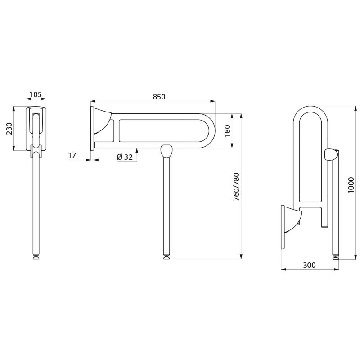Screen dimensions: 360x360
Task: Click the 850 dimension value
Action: [159, 97]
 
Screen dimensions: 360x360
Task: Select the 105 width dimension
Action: [36, 94]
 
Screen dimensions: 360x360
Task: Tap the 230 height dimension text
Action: [9, 129]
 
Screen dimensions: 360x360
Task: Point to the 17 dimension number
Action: [72, 155]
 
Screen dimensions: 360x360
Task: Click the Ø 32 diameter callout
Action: [125, 157]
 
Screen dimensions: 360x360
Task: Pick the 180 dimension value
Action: [227, 130]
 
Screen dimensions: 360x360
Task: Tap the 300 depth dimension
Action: [309, 265]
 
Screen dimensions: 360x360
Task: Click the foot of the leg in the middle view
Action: [166, 256]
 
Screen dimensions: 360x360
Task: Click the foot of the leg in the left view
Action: [36, 256]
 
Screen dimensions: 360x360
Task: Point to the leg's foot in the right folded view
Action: [335, 256]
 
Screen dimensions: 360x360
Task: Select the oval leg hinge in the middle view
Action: [166, 151]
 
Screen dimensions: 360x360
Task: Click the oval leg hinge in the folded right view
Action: [331, 154]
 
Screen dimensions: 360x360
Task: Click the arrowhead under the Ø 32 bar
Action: [137, 150]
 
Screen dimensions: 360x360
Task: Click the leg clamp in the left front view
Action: [36, 151]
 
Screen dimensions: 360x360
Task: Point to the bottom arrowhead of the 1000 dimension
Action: [355, 256]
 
